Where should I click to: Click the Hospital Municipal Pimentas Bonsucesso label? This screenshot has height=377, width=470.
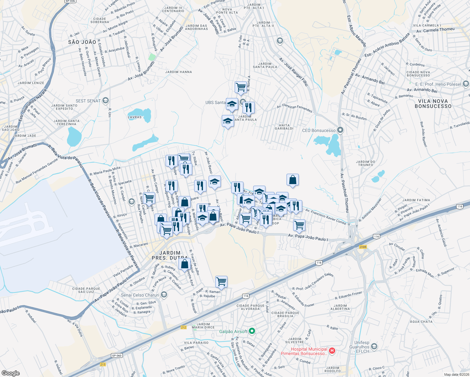[304, 351]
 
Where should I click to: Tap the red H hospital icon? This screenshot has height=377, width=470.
[332, 351]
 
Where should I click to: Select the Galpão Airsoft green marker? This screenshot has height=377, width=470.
[252, 331]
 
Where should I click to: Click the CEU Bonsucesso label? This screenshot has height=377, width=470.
[319, 130]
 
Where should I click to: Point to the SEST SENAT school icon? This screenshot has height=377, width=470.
[105, 101]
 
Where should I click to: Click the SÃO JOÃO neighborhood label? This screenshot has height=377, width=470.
[82, 42]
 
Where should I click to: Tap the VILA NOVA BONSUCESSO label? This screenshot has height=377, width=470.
[433, 104]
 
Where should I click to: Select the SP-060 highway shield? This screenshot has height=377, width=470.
[117, 356]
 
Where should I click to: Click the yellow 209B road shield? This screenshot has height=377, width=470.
[363, 247]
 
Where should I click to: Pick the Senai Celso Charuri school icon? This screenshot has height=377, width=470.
[164, 295]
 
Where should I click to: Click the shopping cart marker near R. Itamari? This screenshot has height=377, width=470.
[221, 281]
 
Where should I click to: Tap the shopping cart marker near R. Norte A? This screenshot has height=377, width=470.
[241, 87]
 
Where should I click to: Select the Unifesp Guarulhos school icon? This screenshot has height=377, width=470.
[374, 346]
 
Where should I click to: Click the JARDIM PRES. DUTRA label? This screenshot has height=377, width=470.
[170, 255]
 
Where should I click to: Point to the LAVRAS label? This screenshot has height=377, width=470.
[134, 117]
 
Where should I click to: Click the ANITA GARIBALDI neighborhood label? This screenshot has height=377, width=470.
[284, 127]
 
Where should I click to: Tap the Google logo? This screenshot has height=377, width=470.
[11, 373]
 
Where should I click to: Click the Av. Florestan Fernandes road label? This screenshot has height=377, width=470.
[294, 108]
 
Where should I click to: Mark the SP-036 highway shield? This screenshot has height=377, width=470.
[70, 1]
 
